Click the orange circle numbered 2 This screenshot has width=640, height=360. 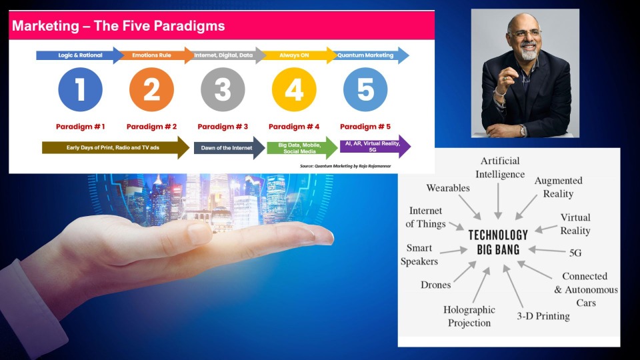(151, 89)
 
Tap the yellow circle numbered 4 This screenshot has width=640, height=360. (294, 89)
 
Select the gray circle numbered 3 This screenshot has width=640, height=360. (223, 89)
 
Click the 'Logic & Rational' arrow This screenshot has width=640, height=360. (80, 55)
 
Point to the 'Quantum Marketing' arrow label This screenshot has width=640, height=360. (365, 55)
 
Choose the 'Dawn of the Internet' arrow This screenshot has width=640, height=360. (229, 148)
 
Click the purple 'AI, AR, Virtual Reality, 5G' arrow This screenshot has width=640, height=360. (375, 147)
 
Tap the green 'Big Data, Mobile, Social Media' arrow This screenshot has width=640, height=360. (302, 148)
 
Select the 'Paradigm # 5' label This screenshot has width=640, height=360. (365, 127)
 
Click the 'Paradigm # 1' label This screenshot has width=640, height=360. (81, 127)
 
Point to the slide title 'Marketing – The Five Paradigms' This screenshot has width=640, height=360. (119, 26)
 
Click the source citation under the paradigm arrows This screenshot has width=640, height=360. (345, 166)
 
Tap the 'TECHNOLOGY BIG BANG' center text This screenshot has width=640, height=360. (498, 242)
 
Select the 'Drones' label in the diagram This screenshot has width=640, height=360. (436, 285)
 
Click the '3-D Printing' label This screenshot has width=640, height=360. (543, 316)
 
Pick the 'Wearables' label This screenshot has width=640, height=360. (448, 188)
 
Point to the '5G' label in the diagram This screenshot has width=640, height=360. (575, 253)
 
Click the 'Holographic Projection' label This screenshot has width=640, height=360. (469, 316)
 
